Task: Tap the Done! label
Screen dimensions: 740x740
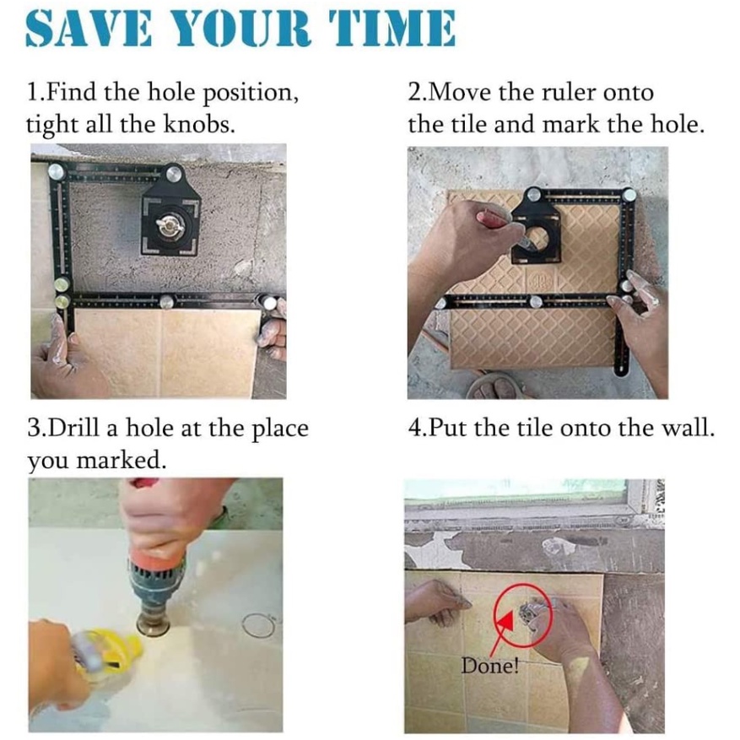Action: point(490,666)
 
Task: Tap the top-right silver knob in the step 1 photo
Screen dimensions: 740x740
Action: point(175,174)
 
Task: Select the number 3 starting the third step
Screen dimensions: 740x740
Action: point(35,429)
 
